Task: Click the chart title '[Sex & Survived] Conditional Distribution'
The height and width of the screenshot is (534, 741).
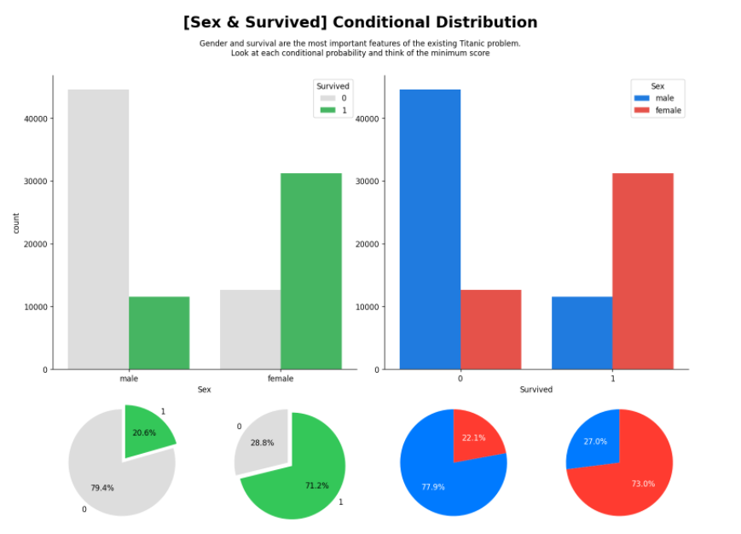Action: point(360,22)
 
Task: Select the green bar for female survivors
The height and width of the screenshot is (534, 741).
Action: point(310,271)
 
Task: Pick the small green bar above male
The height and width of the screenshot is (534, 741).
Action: point(159,333)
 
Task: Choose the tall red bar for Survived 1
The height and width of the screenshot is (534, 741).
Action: point(642,271)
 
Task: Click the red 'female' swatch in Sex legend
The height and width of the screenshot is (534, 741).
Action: point(641,111)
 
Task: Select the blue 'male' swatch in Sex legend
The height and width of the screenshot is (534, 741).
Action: point(641,98)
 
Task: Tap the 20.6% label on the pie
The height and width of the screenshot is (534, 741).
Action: point(144,433)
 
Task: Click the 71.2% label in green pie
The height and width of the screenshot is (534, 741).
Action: point(316,485)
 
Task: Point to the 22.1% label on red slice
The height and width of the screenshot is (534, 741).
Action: point(473,438)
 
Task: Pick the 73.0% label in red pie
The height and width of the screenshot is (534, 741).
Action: point(643,484)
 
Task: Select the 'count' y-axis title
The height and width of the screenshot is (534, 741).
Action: point(16,223)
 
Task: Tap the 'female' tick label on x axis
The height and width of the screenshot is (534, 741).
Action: point(281,379)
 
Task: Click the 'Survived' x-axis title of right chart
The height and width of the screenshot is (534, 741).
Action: point(535,390)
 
